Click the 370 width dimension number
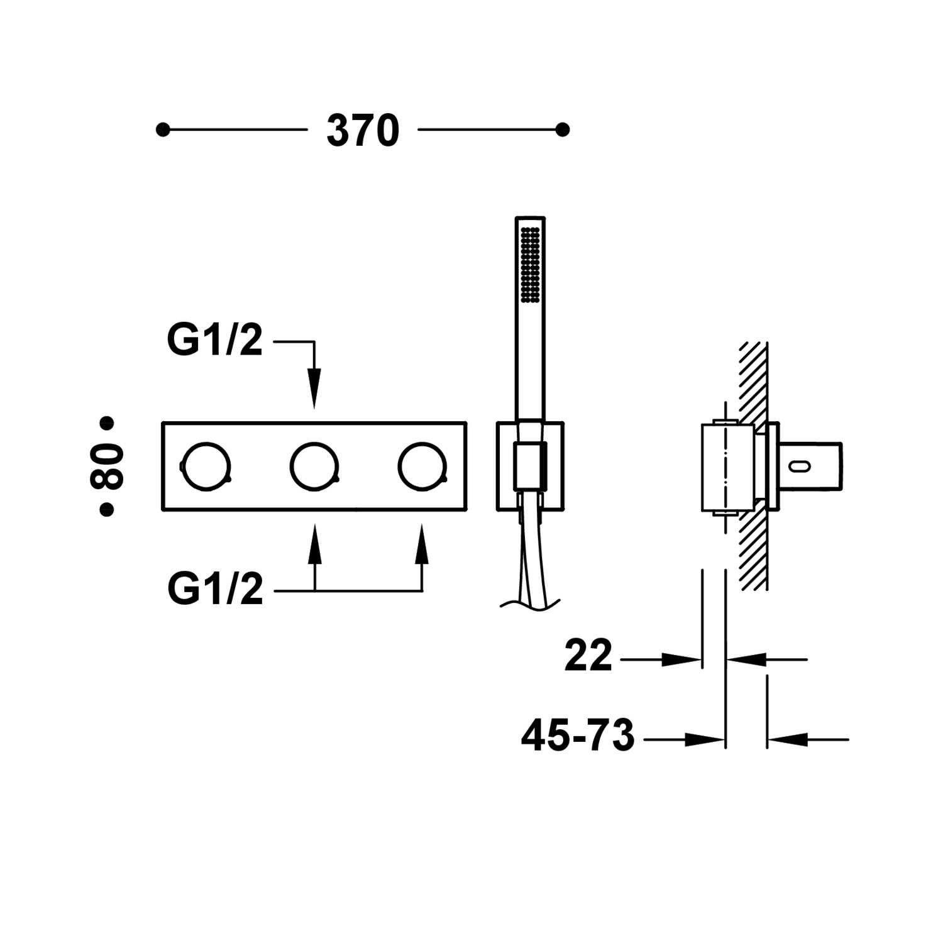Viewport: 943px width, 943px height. point(363,131)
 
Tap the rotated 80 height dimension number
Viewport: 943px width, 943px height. point(107,466)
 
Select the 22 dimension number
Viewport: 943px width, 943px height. point(588,656)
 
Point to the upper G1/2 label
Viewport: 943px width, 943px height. point(214,341)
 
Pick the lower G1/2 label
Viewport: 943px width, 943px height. point(215,590)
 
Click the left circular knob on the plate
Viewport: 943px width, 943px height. point(206,466)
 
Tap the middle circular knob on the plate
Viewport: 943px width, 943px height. point(314,466)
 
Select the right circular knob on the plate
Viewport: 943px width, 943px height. point(422,466)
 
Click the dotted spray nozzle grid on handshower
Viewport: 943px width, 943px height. point(530,266)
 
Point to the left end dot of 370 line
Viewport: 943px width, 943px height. point(163,130)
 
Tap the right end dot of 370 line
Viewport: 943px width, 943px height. point(563,130)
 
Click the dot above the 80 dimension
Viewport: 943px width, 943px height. point(107,422)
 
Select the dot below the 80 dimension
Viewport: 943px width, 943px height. point(107,510)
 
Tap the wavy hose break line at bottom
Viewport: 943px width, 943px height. point(529,604)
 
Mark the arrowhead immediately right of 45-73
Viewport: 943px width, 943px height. point(704,740)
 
